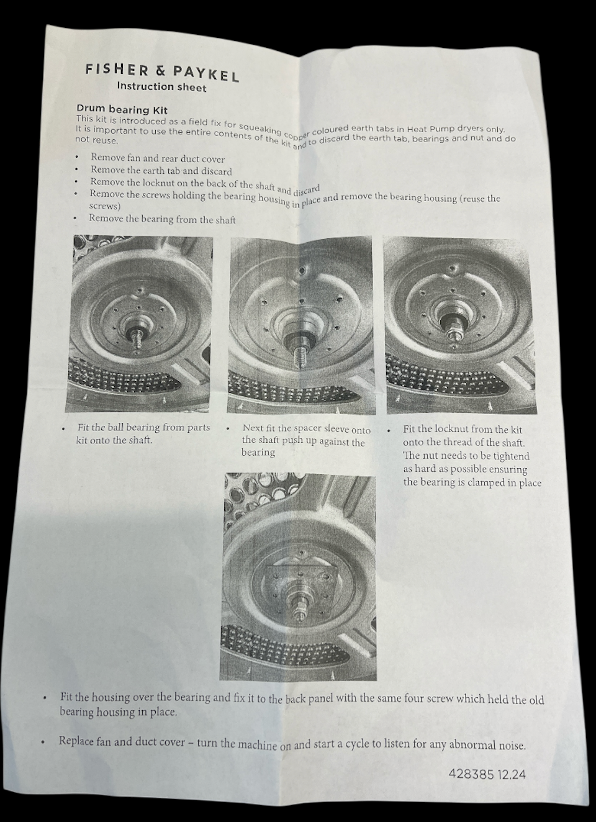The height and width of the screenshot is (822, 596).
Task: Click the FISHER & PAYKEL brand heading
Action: click(x=162, y=72)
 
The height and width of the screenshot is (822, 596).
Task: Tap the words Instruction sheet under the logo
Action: click(x=161, y=87)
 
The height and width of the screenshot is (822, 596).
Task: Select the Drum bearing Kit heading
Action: click(x=122, y=109)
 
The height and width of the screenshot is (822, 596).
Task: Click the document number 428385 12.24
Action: click(x=487, y=774)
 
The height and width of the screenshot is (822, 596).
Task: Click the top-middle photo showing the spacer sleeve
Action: click(x=302, y=326)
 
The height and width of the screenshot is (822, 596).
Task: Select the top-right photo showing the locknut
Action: click(x=460, y=326)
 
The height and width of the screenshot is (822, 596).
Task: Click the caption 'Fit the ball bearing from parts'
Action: click(x=143, y=428)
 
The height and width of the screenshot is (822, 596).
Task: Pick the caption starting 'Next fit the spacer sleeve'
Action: click(x=306, y=429)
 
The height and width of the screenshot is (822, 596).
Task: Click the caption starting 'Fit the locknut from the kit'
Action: click(x=462, y=430)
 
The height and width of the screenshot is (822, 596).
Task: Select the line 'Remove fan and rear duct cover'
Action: click(x=158, y=158)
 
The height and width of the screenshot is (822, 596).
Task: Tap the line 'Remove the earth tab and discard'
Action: click(x=161, y=171)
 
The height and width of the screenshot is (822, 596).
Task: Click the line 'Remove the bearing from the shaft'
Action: click(x=162, y=219)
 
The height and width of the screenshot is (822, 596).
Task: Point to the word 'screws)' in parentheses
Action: click(x=105, y=206)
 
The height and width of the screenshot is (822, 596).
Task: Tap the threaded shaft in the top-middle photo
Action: click(x=299, y=356)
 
